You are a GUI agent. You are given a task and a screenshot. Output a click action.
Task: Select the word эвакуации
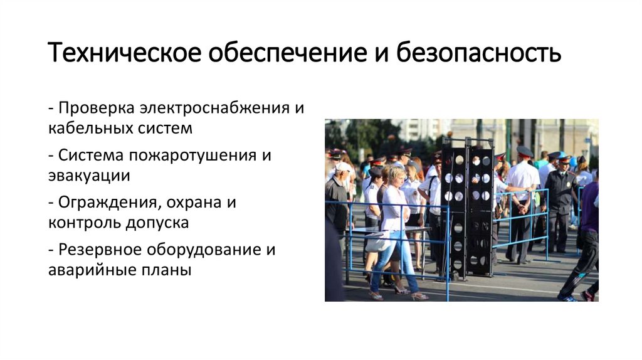[89, 176]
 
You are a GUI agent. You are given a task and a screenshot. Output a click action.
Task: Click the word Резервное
[100, 249]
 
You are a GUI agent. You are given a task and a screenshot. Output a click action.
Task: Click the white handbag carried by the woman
[377, 242]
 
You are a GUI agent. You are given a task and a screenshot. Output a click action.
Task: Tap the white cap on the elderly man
[343, 167]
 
